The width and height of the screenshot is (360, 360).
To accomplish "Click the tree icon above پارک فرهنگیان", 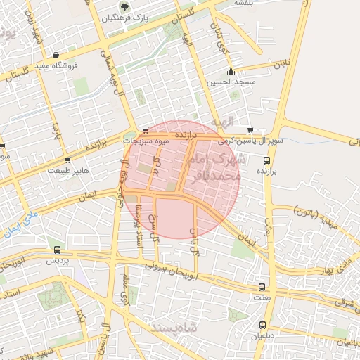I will (124, 7).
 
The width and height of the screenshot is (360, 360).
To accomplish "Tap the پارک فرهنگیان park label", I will (124, 18).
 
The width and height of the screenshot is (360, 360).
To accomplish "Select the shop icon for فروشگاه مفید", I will (55, 55).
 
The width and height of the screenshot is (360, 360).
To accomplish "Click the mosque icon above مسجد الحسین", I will (231, 71).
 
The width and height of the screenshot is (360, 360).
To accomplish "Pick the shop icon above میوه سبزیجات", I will (146, 130).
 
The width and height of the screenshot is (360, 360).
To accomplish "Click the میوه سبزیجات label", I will (146, 141).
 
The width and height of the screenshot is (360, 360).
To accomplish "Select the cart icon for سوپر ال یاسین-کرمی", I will (250, 130).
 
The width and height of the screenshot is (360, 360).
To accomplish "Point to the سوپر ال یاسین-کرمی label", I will (252, 141).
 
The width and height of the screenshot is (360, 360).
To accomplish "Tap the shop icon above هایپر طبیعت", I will (67, 160).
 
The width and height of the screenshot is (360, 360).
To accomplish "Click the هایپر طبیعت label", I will (67, 170).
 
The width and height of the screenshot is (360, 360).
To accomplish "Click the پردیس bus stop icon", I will (56, 250).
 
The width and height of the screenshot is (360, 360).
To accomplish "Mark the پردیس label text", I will (56, 261).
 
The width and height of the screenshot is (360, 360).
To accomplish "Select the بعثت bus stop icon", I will (262, 288).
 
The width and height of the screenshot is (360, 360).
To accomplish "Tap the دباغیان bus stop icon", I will (262, 325).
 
